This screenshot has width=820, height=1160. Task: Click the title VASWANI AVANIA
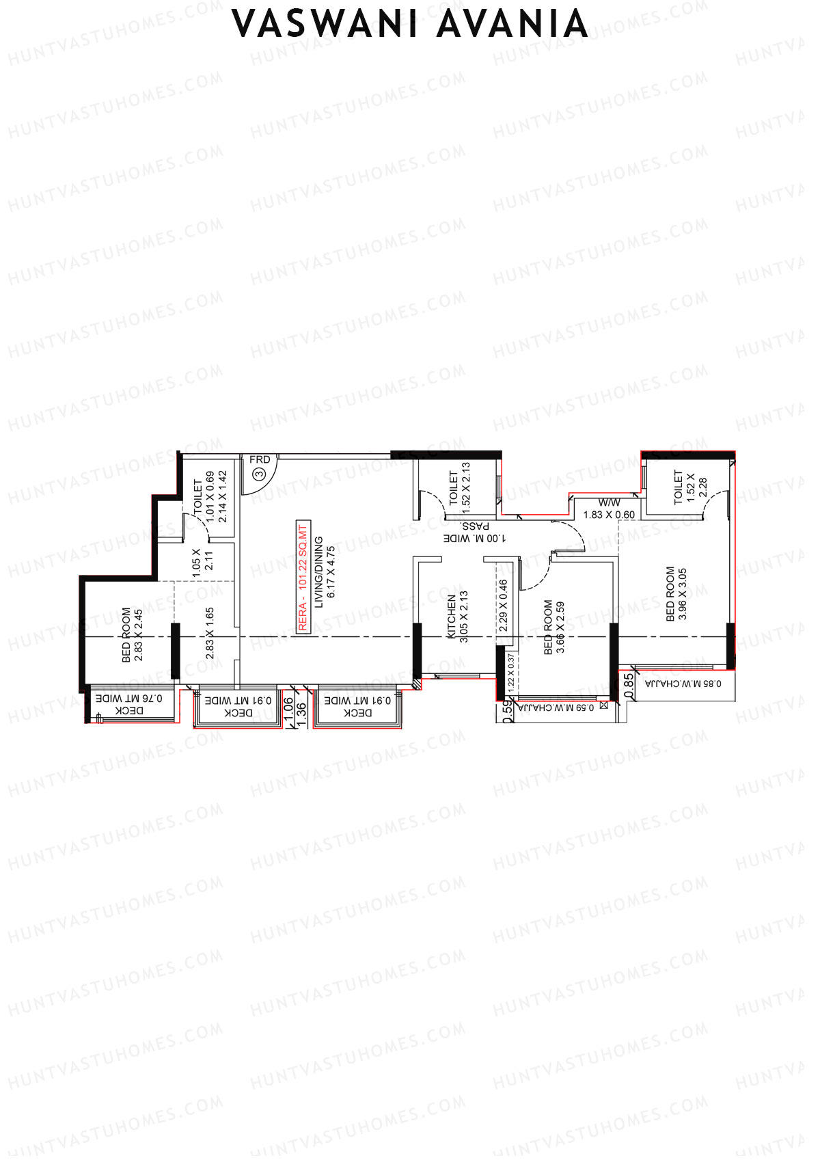(410, 25)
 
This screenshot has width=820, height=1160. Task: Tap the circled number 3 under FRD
(259, 473)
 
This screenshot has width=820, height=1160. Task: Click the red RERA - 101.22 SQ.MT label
(303, 578)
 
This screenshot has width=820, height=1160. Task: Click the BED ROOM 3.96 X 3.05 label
(676, 594)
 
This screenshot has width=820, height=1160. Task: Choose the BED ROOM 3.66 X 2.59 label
(554, 628)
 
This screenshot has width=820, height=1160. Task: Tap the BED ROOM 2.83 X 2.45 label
(132, 635)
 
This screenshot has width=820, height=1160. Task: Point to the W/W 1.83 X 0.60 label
(608, 510)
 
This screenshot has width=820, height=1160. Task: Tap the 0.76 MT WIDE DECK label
(129, 705)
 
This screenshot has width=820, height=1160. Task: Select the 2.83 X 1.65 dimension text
(210, 633)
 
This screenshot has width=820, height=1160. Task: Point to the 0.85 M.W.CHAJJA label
(683, 683)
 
